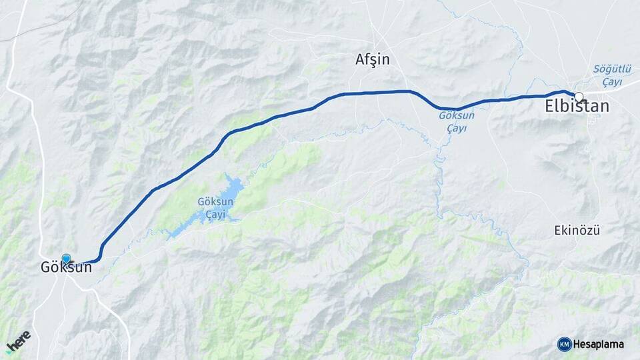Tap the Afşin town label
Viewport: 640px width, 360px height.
[x=372, y=60]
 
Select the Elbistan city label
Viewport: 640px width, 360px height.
[x=577, y=107]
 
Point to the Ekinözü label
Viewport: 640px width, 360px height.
[x=577, y=231]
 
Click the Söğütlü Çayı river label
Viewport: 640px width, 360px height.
[x=607, y=75]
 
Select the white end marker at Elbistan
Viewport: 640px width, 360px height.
[x=579, y=96]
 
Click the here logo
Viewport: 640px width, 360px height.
[x=19, y=341]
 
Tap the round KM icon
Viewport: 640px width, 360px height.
[x=564, y=344]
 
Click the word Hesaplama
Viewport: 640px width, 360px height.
[x=599, y=344]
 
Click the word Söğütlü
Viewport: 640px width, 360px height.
[x=607, y=69]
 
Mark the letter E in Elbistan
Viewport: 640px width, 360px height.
[x=550, y=107]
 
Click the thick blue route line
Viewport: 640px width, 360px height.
[x=267, y=121]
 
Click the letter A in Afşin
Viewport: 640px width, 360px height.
[x=361, y=60]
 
